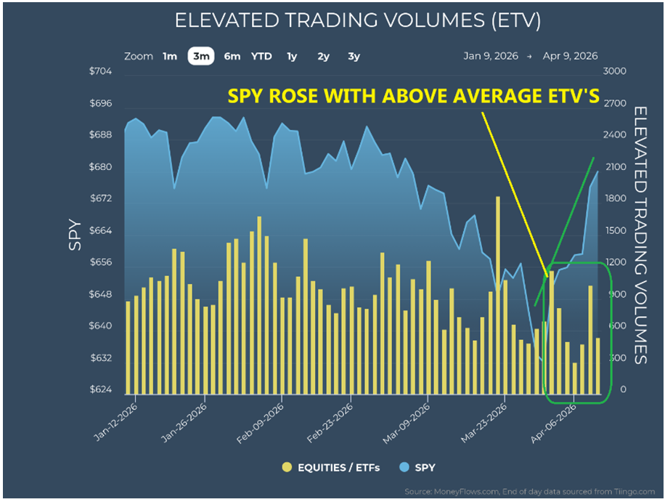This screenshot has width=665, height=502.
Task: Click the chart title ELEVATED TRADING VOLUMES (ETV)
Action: pos(357,21)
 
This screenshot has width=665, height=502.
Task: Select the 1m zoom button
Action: pos(170,56)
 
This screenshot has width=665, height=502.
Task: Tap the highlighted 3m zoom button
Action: pos(200,56)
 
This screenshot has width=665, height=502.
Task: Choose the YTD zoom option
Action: pos(262,56)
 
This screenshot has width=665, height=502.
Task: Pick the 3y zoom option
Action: pos(354,56)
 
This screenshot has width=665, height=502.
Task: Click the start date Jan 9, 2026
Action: pos(490,56)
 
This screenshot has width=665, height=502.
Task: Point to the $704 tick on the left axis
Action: pos(100,71)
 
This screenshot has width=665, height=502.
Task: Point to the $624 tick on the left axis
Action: pos(100,390)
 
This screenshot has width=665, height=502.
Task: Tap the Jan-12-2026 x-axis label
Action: pos(116,423)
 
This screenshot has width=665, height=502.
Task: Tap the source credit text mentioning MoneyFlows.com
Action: pos(531,490)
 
